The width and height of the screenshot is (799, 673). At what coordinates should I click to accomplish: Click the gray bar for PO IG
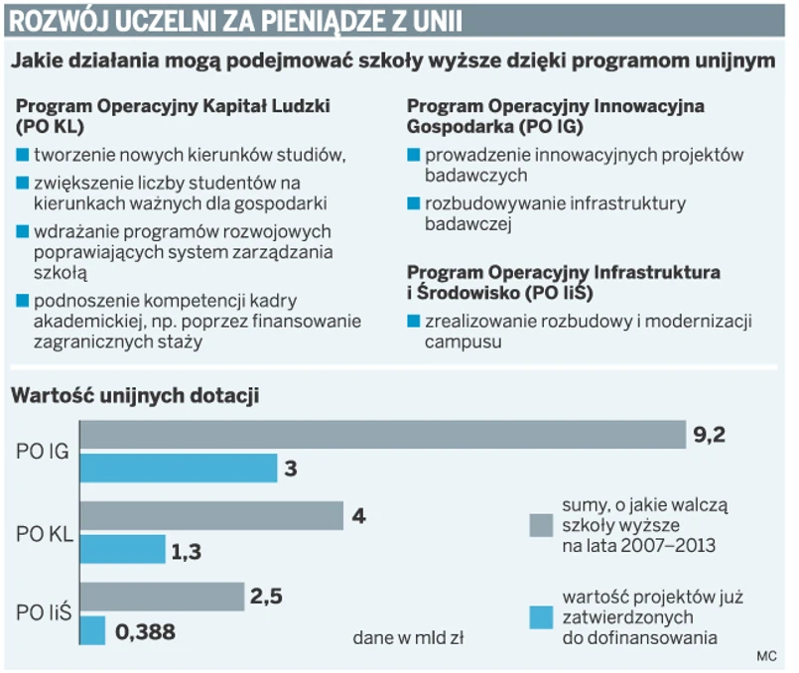(382, 435)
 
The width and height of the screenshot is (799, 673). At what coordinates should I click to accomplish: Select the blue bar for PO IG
(178, 468)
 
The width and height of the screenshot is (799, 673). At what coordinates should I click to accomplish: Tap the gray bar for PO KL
(210, 516)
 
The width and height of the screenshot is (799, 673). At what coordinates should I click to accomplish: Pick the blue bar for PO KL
(122, 549)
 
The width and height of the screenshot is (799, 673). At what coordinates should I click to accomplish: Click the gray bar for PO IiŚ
(162, 597)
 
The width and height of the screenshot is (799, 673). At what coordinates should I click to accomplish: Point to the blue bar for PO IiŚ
(92, 630)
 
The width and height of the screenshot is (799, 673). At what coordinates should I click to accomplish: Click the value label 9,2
(711, 434)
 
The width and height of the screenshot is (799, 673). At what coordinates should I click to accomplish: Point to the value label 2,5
(268, 598)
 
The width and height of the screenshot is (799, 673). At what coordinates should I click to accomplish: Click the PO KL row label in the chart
(43, 533)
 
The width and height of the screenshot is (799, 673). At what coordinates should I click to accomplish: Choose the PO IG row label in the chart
(43, 452)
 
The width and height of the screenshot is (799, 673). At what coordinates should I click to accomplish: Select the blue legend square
(540, 616)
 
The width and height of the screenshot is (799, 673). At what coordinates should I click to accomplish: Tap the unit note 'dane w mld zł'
(408, 637)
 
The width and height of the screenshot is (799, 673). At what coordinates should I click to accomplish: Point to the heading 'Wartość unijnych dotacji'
(135, 396)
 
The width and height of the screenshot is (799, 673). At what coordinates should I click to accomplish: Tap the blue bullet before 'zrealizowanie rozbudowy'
(413, 322)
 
